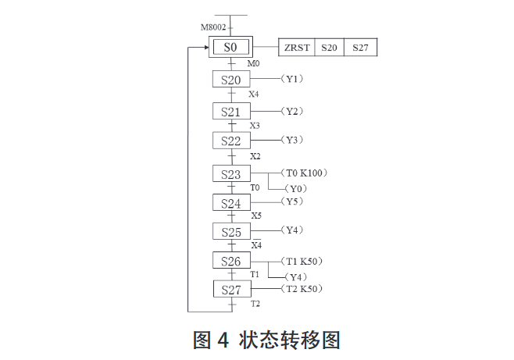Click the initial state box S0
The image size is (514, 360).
(x=231, y=47)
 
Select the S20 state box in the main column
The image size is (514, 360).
(x=231, y=80)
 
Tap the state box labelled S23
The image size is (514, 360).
(x=231, y=174)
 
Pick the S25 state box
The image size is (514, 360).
(x=231, y=232)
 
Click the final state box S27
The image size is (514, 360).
(x=231, y=290)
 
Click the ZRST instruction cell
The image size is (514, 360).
(x=297, y=48)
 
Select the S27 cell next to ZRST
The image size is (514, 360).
(x=360, y=48)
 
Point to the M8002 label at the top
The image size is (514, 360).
(x=213, y=27)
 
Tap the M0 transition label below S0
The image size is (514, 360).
(x=253, y=63)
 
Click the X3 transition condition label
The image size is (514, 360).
(x=255, y=125)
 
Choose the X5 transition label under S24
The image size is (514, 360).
(x=256, y=216)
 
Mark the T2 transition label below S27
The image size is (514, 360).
(x=255, y=304)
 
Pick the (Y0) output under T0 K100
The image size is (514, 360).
(x=296, y=189)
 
